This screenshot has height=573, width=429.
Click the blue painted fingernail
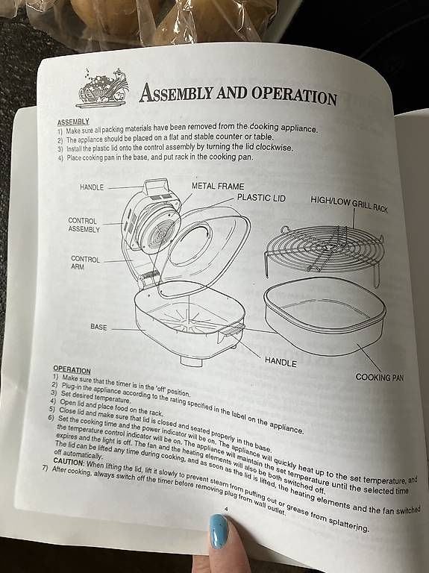tap(219, 531)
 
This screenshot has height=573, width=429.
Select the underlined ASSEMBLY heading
tap(73, 122)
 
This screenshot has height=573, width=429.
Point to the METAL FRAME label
tap(218, 187)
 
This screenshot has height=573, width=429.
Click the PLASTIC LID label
tap(261, 198)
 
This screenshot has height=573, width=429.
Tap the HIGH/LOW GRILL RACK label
tap(349, 204)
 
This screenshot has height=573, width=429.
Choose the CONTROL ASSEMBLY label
tap(84, 225)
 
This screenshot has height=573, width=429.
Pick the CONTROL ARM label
tap(85, 263)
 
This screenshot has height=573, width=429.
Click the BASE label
tap(98, 327)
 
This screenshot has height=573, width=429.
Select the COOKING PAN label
tap(380, 378)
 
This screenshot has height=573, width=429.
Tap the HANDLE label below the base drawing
tap(281, 363)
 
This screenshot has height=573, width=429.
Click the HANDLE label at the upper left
tap(92, 187)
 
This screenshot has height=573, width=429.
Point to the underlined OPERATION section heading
tap(72, 370)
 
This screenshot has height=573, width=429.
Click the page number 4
tap(226, 509)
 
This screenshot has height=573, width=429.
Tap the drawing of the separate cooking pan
tap(325, 316)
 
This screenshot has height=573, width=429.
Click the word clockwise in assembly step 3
tap(274, 148)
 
